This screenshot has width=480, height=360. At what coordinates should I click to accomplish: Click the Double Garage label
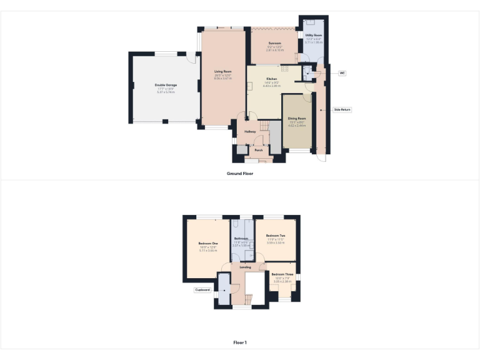point(166,84)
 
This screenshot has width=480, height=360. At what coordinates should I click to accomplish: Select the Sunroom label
point(275,43)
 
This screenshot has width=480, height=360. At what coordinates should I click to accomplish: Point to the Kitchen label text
point(272,78)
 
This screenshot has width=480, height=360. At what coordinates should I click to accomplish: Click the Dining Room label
point(297,118)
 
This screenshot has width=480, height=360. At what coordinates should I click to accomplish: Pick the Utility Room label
point(314,36)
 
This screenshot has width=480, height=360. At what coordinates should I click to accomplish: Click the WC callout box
point(342,73)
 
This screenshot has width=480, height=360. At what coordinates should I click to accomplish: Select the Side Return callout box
point(342,109)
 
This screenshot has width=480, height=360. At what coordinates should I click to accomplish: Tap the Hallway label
point(250,132)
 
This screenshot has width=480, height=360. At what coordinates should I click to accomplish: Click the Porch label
point(258,151)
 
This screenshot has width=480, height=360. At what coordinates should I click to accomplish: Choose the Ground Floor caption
point(240,173)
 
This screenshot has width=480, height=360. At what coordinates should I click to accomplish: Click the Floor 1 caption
point(240,342)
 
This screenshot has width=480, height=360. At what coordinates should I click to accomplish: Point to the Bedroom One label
point(208,243)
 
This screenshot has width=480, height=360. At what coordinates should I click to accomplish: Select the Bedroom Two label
point(276,236)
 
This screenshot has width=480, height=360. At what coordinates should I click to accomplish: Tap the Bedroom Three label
point(282,275)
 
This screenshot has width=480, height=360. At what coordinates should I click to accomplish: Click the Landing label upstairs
point(245,267)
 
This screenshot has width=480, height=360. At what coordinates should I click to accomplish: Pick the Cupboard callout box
point(202,290)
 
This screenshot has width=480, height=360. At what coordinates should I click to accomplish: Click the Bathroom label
point(241,239)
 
